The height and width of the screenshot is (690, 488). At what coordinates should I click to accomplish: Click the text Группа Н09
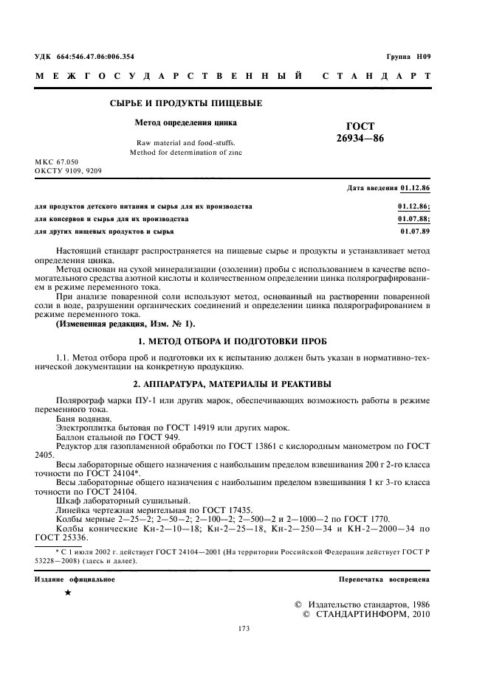pyautogui.click(x=408, y=57)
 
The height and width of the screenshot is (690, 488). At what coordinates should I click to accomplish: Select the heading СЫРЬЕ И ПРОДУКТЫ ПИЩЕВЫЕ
pyautogui.click(x=185, y=103)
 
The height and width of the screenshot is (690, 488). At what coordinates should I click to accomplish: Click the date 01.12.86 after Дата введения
pyautogui.click(x=415, y=189)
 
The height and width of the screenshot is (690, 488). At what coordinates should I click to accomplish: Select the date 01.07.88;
pyautogui.click(x=414, y=219)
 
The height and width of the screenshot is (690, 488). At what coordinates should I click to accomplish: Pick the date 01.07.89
pyautogui.click(x=415, y=231)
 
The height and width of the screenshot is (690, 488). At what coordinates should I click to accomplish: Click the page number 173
pyautogui.click(x=244, y=628)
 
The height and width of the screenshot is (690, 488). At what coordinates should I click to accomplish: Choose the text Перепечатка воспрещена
pyautogui.click(x=384, y=579)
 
